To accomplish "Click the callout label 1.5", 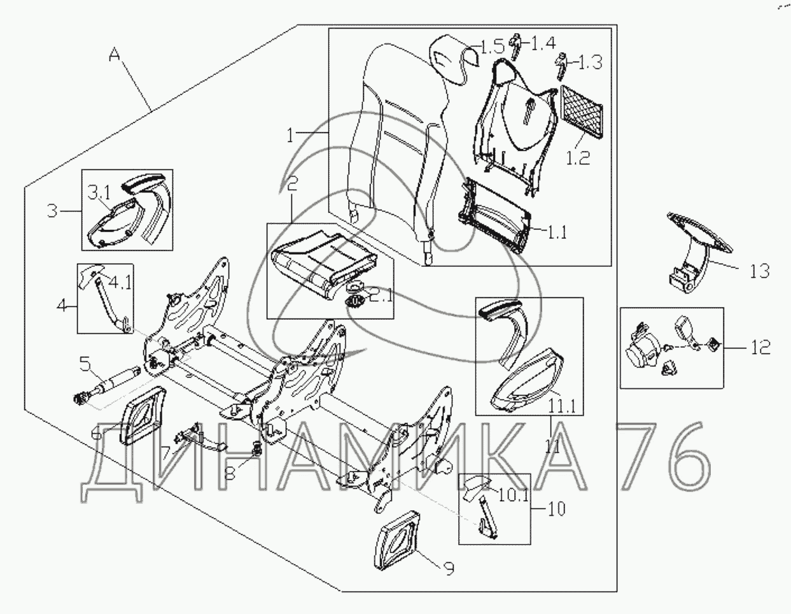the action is tap(493, 47).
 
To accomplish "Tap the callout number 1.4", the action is tap(542, 43).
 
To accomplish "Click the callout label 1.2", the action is tap(578, 158).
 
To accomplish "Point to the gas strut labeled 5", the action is tap(107, 387).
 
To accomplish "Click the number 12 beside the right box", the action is tap(760, 347).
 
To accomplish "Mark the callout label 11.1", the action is tap(563, 408).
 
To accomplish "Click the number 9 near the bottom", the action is tap(449, 569).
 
